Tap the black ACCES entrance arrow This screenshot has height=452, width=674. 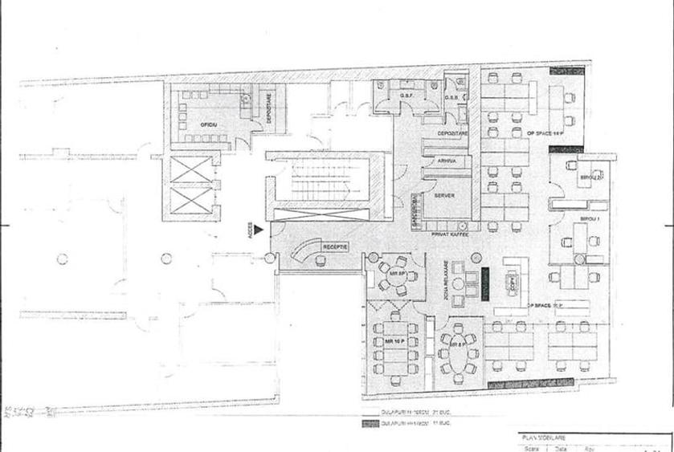(259, 230)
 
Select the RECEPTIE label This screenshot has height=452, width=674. (334, 246)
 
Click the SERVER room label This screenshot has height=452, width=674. (445, 196)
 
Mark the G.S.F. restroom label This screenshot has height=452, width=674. (406, 97)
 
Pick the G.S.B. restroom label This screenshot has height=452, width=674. (451, 97)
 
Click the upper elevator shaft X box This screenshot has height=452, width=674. (187, 171)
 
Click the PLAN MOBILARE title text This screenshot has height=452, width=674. (541, 438)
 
